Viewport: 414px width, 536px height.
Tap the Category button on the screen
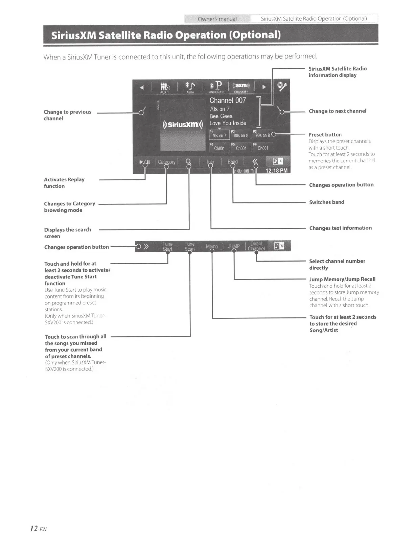tap(166, 162)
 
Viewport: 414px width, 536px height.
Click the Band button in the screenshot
tap(233, 162)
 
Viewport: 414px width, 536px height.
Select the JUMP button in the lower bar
tap(234, 246)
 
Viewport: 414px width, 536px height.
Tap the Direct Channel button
tap(256, 246)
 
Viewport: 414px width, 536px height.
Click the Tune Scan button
tap(189, 246)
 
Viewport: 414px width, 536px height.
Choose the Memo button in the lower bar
tap(212, 246)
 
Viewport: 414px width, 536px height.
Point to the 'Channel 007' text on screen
tap(228, 100)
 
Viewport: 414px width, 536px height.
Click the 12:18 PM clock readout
tap(276, 171)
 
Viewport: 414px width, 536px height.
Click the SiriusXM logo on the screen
tap(183, 124)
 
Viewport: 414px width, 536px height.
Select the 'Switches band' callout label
tap(326, 202)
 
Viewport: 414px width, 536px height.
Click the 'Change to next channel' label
tap(337, 111)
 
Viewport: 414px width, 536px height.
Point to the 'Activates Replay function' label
tap(64, 183)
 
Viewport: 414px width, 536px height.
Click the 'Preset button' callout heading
tap(325, 135)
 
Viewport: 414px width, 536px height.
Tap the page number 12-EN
tap(38, 529)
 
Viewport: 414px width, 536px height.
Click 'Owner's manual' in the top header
tap(217, 19)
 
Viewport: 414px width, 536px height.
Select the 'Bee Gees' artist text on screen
tap(221, 116)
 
